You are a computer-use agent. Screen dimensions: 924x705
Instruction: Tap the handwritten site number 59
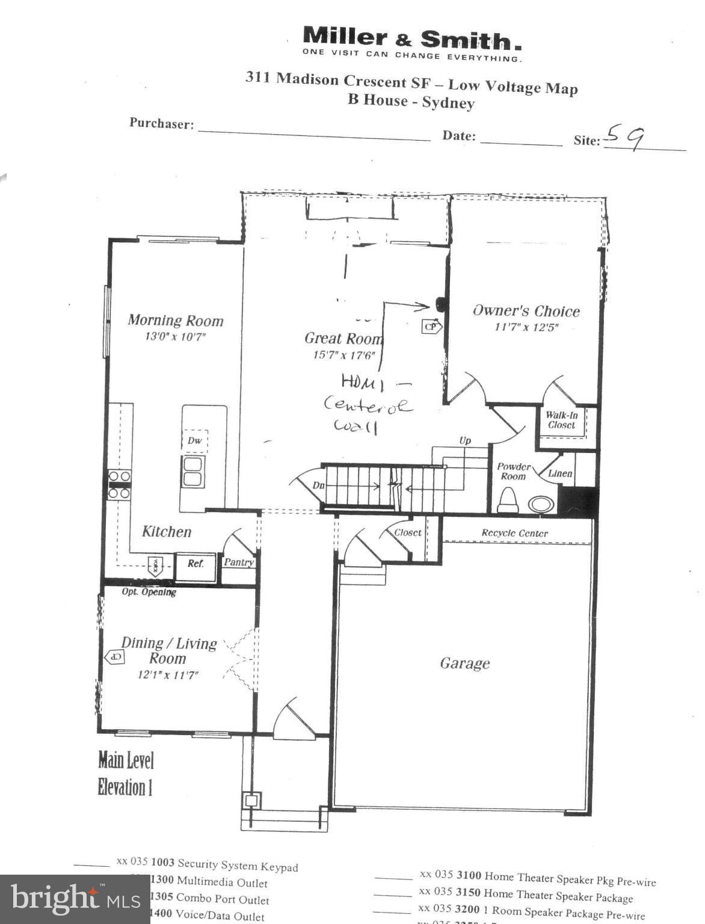pyautogui.click(x=625, y=137)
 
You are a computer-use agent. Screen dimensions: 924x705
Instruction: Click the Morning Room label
pyautogui.click(x=175, y=321)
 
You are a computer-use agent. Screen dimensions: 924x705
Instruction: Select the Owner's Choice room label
pyautogui.click(x=526, y=311)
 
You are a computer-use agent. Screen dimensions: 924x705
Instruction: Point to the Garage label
pyautogui.click(x=464, y=663)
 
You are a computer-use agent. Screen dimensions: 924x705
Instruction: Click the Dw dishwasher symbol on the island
pyautogui.click(x=194, y=440)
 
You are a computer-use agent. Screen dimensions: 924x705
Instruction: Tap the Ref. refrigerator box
pyautogui.click(x=195, y=564)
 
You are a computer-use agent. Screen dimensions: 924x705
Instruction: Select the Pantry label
pyautogui.click(x=239, y=562)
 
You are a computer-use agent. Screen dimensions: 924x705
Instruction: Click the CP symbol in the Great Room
pyautogui.click(x=431, y=327)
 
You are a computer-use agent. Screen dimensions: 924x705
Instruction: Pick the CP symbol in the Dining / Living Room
pyautogui.click(x=115, y=657)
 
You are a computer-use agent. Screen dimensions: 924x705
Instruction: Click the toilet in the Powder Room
pyautogui.click(x=508, y=500)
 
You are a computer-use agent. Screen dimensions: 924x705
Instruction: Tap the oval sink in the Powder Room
pyautogui.click(x=541, y=504)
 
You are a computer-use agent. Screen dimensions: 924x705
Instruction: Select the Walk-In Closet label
pyautogui.click(x=561, y=420)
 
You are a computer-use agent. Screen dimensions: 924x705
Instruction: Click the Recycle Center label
pyautogui.click(x=514, y=533)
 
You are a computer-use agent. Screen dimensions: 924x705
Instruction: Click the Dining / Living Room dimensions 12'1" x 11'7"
pyautogui.click(x=168, y=675)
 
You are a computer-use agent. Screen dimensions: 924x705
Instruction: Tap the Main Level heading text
pyautogui.click(x=126, y=760)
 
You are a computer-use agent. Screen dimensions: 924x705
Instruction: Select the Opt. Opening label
pyautogui.click(x=149, y=592)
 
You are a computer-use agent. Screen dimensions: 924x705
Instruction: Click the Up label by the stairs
pyautogui.click(x=465, y=440)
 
